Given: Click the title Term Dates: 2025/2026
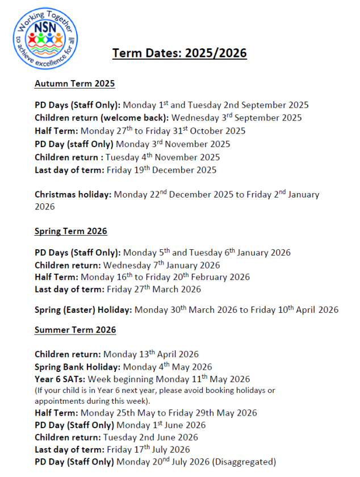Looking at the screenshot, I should (179, 53).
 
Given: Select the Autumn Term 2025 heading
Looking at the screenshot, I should (74, 83).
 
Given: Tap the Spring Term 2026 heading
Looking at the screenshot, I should (71, 231).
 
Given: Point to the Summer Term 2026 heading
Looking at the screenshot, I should (75, 330).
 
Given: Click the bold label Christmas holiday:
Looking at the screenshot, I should (73, 195).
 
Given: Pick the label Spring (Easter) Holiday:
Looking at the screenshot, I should (83, 310).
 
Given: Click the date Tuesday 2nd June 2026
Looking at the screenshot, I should (150, 437).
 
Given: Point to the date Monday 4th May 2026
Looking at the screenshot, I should (168, 367).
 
